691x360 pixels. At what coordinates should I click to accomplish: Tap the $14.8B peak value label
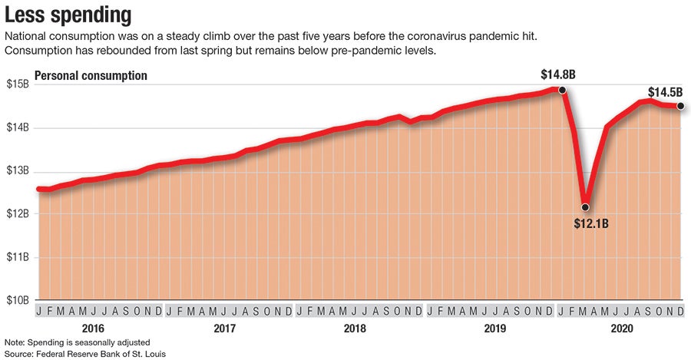(x=558, y=76)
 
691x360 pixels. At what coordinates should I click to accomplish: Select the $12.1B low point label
(x=591, y=224)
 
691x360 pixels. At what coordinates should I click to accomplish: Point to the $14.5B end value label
(x=665, y=92)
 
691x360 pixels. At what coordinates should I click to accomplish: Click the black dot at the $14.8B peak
(x=562, y=90)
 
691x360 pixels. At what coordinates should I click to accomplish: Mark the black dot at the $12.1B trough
(x=585, y=207)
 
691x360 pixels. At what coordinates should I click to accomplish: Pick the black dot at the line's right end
(x=680, y=107)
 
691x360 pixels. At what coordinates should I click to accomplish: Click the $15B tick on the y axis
(x=17, y=84)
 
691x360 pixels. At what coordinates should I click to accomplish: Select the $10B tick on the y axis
(x=17, y=300)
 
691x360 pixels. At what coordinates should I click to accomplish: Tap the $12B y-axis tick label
(x=17, y=213)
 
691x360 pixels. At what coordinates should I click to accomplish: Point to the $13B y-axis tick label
(x=17, y=170)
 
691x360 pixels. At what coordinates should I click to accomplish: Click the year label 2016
(x=94, y=329)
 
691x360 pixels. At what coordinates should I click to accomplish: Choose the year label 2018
(x=355, y=329)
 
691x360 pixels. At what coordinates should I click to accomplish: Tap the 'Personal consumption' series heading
(x=91, y=76)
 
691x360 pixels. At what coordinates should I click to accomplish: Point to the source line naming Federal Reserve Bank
(x=85, y=353)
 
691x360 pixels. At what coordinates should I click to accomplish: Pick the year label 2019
(x=485, y=329)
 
